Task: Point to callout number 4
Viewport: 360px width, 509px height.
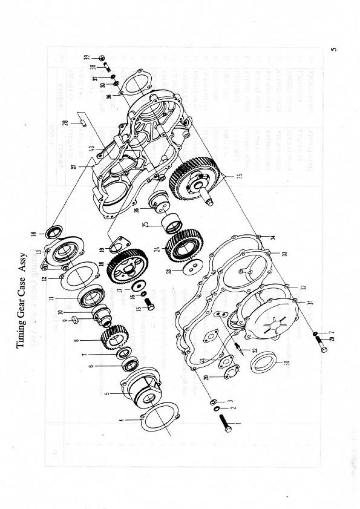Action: pyautogui.click(x=122, y=420)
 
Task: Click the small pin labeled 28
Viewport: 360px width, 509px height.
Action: pyautogui.click(x=83, y=124)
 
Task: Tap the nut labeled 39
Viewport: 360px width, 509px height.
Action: pyautogui.click(x=102, y=58)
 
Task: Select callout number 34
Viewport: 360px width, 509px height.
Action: pyautogui.click(x=273, y=238)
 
